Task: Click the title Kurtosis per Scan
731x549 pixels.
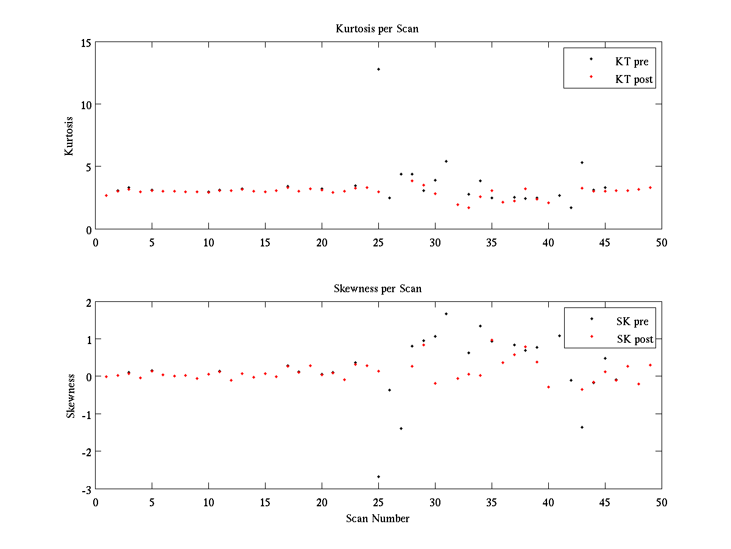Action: click(377, 29)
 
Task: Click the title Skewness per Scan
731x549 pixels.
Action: click(377, 289)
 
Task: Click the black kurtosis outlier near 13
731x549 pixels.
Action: click(378, 69)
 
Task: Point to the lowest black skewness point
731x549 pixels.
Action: click(378, 476)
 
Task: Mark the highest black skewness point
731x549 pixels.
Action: click(446, 314)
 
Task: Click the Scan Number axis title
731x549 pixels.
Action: click(377, 518)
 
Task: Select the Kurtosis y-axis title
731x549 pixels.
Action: click(69, 136)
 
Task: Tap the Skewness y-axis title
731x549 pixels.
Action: click(71, 396)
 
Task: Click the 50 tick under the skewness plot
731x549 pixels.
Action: click(662, 501)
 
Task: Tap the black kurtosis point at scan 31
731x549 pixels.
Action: click(446, 161)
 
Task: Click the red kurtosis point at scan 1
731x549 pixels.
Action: click(106, 195)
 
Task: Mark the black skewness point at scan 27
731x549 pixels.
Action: click(401, 428)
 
